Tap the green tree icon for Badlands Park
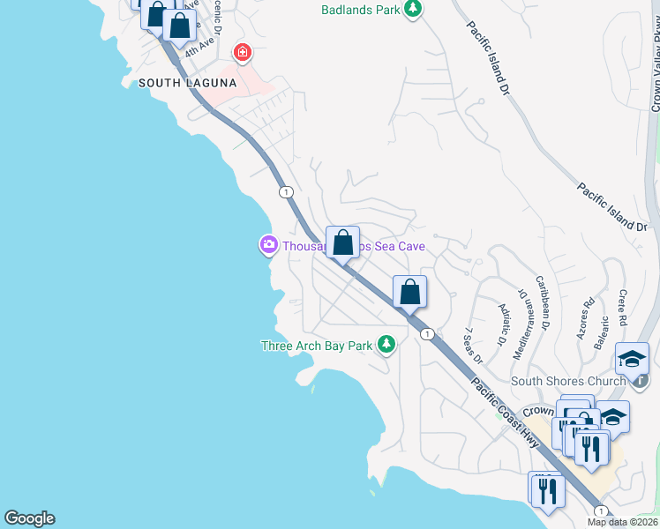coord(412,10)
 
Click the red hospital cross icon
coord(241,53)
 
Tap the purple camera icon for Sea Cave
coord(268,244)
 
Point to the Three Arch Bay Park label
coord(317,346)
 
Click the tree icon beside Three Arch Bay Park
coord(386,345)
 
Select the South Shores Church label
coord(566,382)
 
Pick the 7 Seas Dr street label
coord(475,345)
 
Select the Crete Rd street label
coord(625,308)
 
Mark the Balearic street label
coord(602,332)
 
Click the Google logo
coord(29,518)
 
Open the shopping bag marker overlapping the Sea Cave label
coord(342,243)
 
